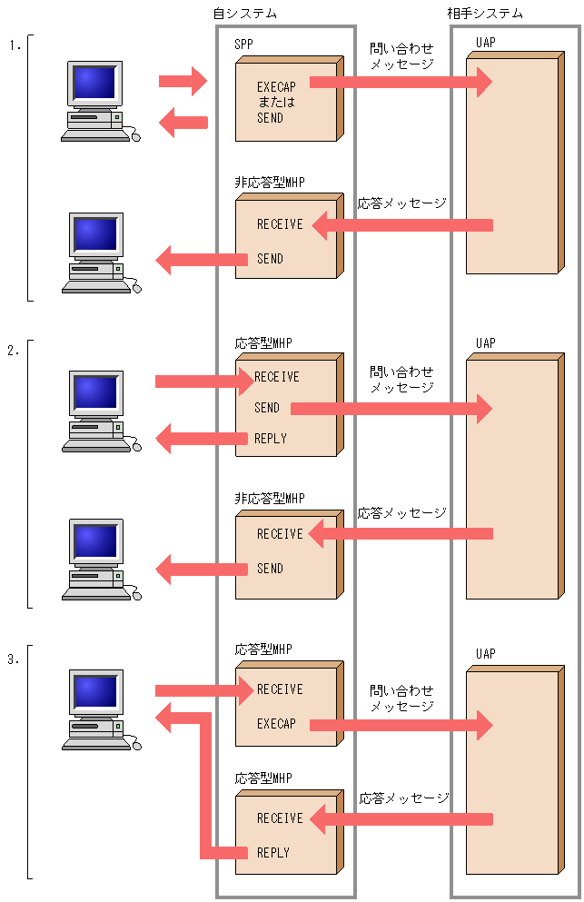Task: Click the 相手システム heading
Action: pos(485,14)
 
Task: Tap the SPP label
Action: pos(244,45)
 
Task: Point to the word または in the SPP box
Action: pos(276,102)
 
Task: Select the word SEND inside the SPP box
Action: pos(270,118)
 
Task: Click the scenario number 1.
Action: pos(13,44)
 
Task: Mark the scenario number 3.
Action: pos(13,660)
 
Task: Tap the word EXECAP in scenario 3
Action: pos(276,724)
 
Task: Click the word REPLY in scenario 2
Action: pos(270,439)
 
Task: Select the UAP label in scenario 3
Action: pos(486,654)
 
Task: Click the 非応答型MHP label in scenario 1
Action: pos(270,183)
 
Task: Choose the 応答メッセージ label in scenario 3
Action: pos(404,798)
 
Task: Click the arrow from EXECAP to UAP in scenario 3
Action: pos(400,725)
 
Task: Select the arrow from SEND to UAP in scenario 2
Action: pos(391,409)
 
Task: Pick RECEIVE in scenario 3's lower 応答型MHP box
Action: pos(280,818)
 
